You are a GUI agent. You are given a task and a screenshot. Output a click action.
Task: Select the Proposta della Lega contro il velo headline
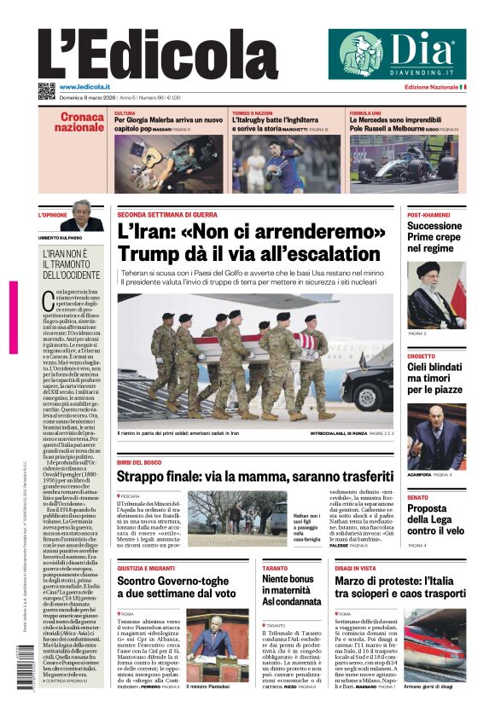tap(434, 519)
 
